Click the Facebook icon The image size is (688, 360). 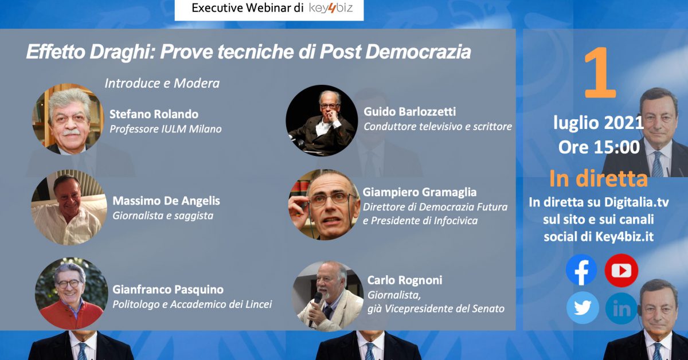(581, 270)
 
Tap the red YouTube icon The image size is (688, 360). (621, 271)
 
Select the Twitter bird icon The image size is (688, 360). (583, 308)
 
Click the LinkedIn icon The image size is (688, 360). (621, 308)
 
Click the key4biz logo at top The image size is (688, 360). (330, 8)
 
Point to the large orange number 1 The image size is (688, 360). (600, 73)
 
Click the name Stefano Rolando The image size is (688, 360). (154, 114)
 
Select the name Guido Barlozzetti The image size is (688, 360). (410, 112)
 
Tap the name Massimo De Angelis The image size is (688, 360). (166, 201)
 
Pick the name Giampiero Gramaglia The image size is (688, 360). (420, 192)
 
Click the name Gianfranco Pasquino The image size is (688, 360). (168, 289)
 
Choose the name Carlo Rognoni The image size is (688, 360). (405, 280)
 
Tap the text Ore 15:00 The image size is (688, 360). (599, 147)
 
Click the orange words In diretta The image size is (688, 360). (599, 178)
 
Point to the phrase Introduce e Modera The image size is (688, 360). (162, 83)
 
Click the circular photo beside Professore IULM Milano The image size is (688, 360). (68, 119)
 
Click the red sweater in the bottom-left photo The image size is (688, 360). (71, 315)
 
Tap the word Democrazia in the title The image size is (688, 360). (418, 52)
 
